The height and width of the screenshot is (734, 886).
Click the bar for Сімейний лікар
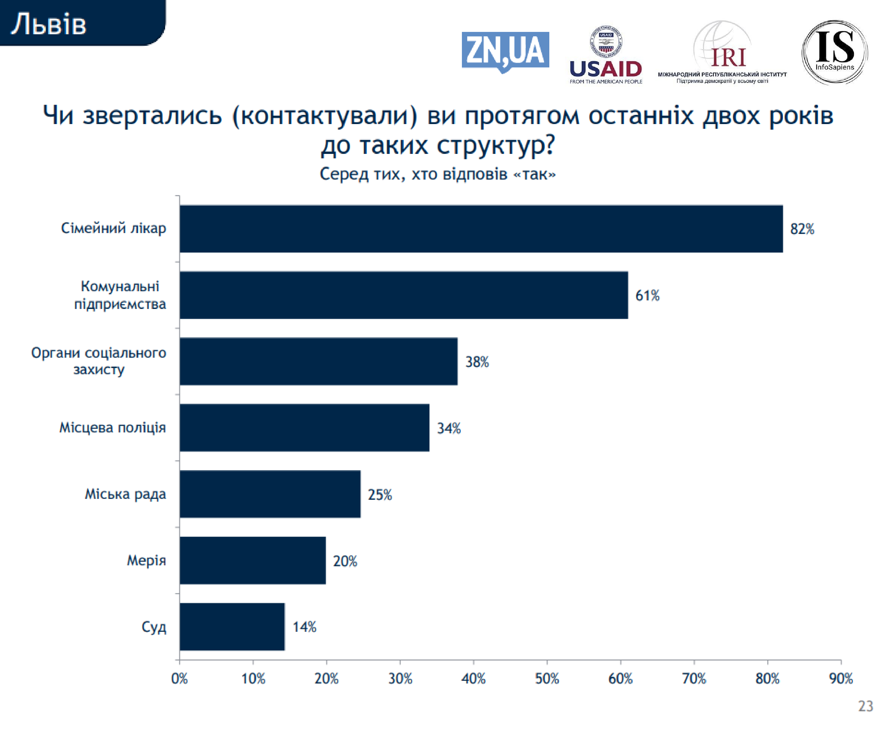pos(481,229)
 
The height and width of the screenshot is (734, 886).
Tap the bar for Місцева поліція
pos(304,428)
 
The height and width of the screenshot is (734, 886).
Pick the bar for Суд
pos(232,626)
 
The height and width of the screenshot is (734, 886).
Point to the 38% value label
pos(477,362)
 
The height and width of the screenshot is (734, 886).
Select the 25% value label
pos(380,494)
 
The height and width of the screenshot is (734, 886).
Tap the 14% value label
pos(304,627)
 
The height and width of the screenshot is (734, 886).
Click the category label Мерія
pos(146,560)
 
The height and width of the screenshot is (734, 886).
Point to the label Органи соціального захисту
pos(99,361)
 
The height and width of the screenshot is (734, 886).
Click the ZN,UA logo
pos(505,51)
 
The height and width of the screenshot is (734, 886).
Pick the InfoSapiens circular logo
pos(835,52)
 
